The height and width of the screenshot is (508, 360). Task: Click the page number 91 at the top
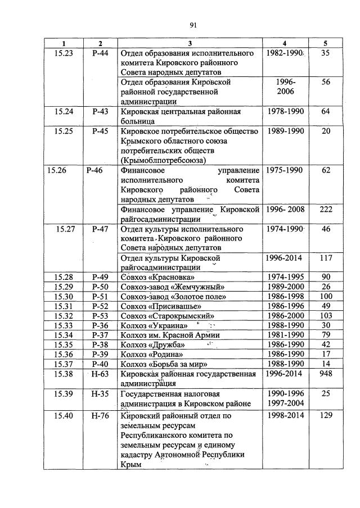192,25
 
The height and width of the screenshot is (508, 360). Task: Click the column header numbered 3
190,44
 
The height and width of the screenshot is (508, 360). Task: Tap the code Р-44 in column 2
100,53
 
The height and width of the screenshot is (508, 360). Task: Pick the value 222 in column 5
326,210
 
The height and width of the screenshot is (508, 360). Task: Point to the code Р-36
100,325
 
